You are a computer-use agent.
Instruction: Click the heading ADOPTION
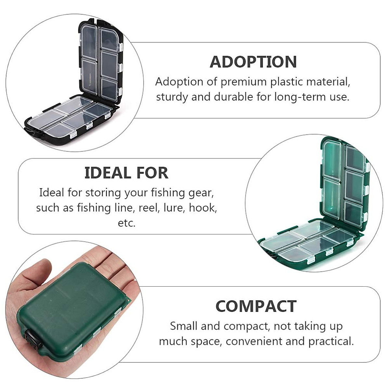pos(253,62)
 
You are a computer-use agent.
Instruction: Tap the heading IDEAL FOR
pos(126,173)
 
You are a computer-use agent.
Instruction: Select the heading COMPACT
pos(256,306)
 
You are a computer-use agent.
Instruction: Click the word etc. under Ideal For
pos(126,223)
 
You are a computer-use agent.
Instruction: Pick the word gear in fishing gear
pos(201,193)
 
